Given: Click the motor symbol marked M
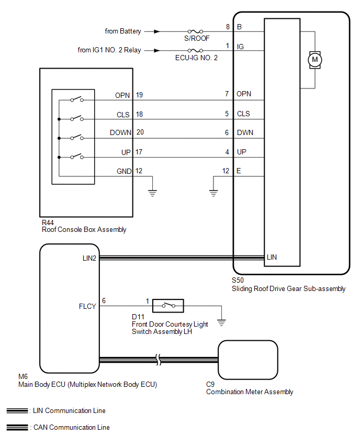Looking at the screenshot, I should (314, 60).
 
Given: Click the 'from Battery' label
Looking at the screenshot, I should (123, 31).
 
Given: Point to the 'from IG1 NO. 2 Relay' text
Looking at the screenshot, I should (109, 51).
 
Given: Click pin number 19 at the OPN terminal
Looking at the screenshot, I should (139, 95).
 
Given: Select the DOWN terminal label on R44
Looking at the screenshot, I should (120, 132).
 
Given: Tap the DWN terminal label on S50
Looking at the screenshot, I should (244, 132).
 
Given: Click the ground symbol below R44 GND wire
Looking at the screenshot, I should (153, 192).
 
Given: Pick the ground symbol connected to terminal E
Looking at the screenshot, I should (213, 192).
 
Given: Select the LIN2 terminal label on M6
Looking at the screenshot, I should (88, 258).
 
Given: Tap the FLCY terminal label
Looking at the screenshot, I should (87, 306).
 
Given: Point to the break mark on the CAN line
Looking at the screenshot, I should (159, 360).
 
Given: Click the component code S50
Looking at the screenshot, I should (238, 281).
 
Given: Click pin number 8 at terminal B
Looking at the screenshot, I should (228, 27).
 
